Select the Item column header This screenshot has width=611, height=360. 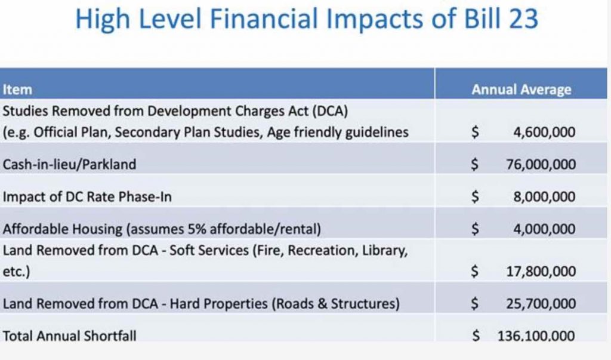(x=17, y=90)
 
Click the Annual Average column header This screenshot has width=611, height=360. (x=521, y=90)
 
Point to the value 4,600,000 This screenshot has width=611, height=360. (x=544, y=132)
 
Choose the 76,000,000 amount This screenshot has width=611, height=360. (x=541, y=164)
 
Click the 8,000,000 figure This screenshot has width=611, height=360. (x=544, y=196)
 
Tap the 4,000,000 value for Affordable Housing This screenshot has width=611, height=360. (x=544, y=229)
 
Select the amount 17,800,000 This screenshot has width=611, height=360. (x=541, y=271)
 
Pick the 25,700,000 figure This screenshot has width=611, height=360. (x=541, y=303)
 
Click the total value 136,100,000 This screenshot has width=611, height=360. (x=536, y=336)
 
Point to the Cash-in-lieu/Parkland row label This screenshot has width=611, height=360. (x=69, y=164)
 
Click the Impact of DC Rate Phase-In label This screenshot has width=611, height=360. (x=87, y=196)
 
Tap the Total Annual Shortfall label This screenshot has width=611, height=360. (x=69, y=336)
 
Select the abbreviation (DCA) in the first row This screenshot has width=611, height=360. (x=330, y=111)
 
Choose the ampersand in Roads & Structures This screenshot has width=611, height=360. (x=322, y=303)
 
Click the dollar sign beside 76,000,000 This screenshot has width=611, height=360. (x=474, y=164)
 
